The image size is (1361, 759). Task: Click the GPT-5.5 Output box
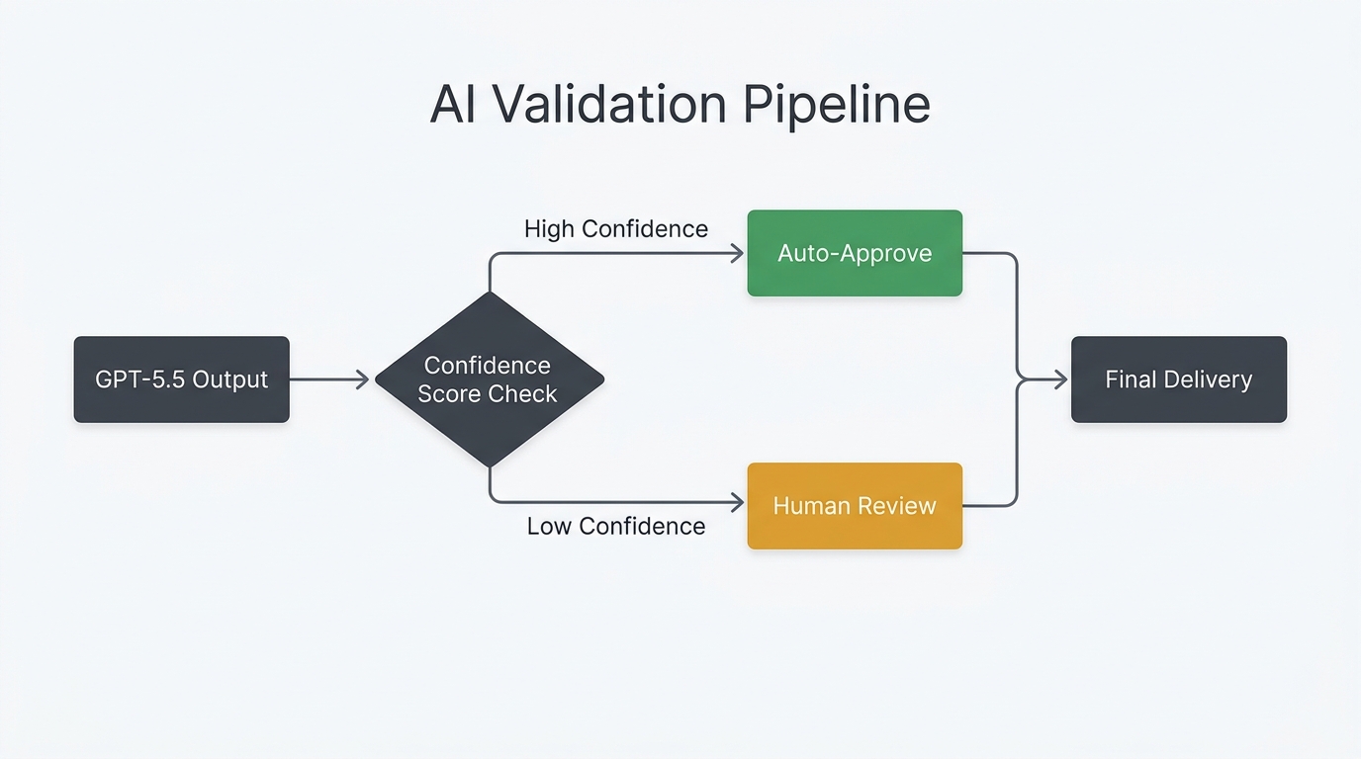pyautogui.click(x=181, y=379)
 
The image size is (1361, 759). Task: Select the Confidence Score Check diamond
pyautogui.click(x=489, y=379)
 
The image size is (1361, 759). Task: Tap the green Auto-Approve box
pyautogui.click(x=855, y=253)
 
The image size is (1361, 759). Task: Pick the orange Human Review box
pyautogui.click(x=855, y=506)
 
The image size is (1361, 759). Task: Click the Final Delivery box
pyautogui.click(x=1179, y=379)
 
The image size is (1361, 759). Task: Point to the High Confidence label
pyautogui.click(x=615, y=229)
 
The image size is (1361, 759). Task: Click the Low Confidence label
pyautogui.click(x=615, y=526)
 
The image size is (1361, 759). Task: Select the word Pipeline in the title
pyautogui.click(x=836, y=105)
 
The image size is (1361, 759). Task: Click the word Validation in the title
pyautogui.click(x=603, y=105)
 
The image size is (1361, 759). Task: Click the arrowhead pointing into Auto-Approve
pyautogui.click(x=737, y=254)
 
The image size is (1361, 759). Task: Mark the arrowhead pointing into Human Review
pyautogui.click(x=737, y=503)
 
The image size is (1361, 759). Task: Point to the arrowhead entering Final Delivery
pyautogui.click(x=1061, y=379)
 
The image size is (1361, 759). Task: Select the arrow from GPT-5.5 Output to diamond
pyautogui.click(x=329, y=379)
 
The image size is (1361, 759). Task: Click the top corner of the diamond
pyautogui.click(x=490, y=294)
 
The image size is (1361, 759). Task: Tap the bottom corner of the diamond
pyautogui.click(x=490, y=465)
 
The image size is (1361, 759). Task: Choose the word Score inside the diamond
pyautogui.click(x=451, y=394)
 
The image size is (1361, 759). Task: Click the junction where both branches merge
pyautogui.click(x=1018, y=379)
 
